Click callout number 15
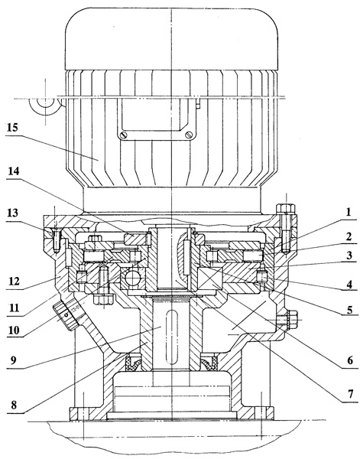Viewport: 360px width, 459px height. (x=13, y=128)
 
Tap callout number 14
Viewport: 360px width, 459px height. (x=14, y=171)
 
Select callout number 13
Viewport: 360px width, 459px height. (x=12, y=213)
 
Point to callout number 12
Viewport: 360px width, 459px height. (x=14, y=282)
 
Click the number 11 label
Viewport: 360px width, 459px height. (x=14, y=308)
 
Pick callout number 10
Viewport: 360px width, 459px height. (x=14, y=330)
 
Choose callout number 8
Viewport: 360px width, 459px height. (x=14, y=405)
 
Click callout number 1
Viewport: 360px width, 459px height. (x=349, y=212)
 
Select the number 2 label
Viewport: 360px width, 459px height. (x=349, y=236)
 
